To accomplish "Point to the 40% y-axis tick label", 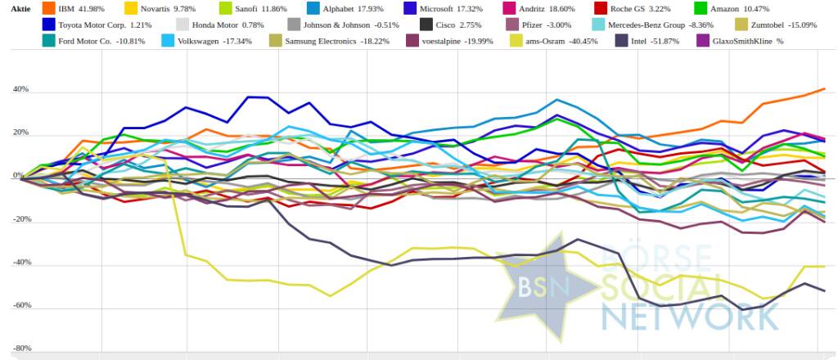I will pyautogui.click(x=20, y=89).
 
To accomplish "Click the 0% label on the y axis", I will pyautogui.click(x=18, y=175).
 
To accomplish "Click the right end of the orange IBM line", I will pyautogui.click(x=823, y=88).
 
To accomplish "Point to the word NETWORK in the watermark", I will pyautogui.click(x=672, y=315).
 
